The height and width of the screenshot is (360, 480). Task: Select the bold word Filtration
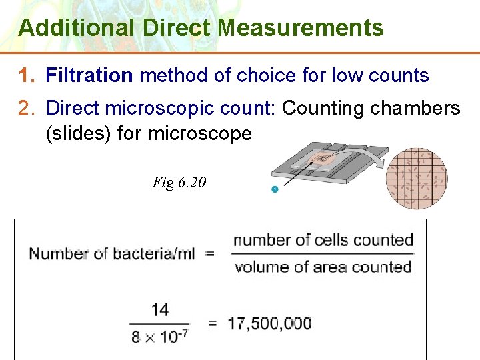point(89,75)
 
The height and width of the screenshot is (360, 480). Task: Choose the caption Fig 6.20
point(179,182)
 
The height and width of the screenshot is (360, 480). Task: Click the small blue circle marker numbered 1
point(274,190)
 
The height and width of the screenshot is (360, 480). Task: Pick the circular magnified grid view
point(417,179)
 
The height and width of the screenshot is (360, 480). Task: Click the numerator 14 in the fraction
point(160,310)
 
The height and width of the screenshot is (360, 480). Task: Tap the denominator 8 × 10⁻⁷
point(159,336)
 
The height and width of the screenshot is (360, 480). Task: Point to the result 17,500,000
point(269,323)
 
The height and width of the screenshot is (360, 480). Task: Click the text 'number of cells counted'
point(323,240)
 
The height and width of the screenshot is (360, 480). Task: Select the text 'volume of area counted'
point(323,267)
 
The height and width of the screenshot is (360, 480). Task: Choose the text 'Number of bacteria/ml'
point(112,254)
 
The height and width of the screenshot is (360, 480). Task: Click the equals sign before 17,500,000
point(213,323)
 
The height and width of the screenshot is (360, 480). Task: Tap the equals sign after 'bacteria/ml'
point(210,254)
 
